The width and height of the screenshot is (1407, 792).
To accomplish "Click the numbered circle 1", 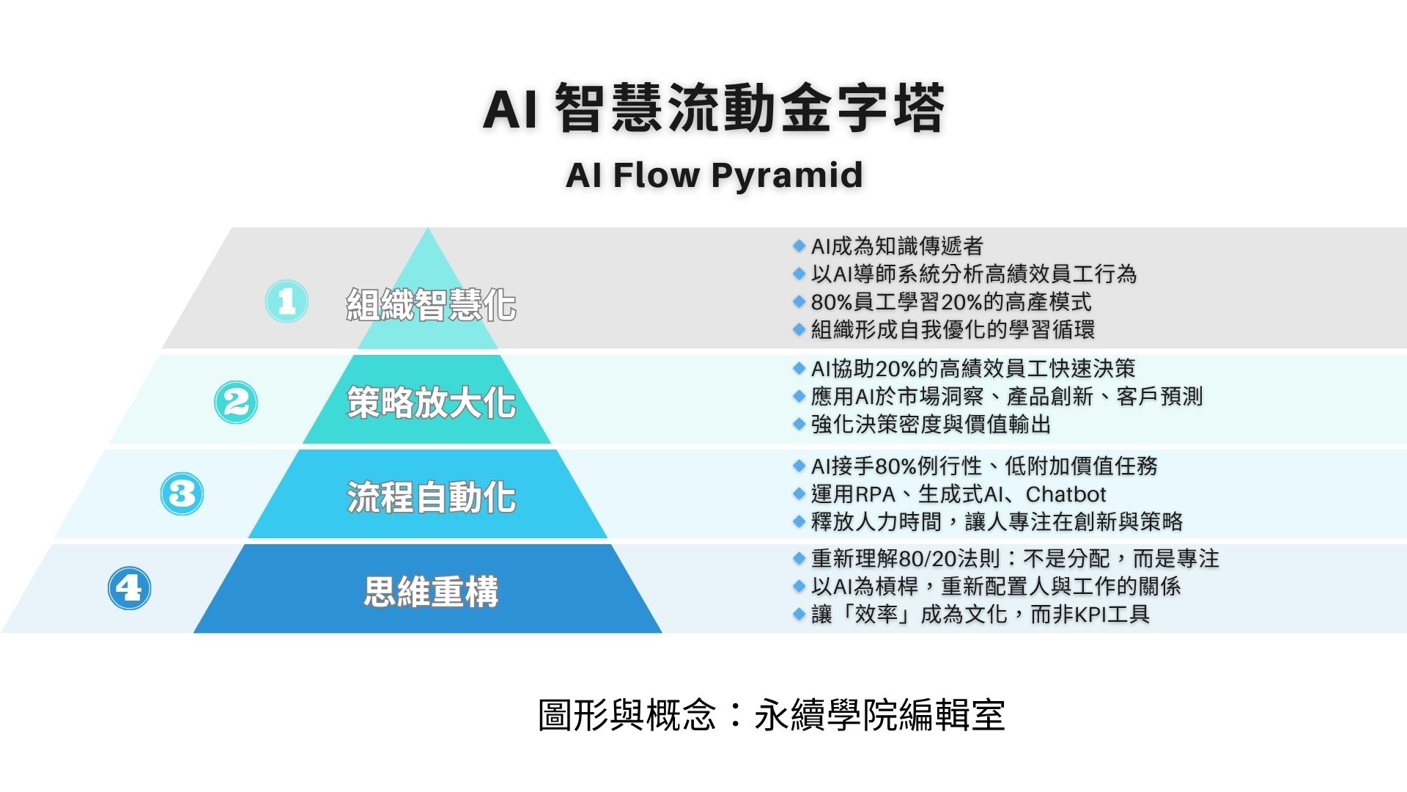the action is point(287,301).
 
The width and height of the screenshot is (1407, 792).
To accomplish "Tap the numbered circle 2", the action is point(236,402).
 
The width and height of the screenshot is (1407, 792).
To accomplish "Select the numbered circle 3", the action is point(182,494).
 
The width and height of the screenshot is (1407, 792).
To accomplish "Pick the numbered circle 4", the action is point(130,588).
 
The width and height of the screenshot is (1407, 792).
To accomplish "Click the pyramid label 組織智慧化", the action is point(431,305).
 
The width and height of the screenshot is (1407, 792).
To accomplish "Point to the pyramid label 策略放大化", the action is point(431,403).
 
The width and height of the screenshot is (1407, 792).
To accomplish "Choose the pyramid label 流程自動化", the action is point(431,497).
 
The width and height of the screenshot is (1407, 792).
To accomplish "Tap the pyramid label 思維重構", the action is point(431,591).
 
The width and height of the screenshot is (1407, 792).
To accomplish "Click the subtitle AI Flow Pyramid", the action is point(714,176).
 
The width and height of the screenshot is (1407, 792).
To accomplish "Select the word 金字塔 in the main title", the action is point(862,109).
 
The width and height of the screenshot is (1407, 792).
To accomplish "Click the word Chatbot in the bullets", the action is point(1066,494).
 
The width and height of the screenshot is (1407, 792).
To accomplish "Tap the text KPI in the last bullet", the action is point(1090,614).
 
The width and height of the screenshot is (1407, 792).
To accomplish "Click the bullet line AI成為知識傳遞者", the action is point(897,246).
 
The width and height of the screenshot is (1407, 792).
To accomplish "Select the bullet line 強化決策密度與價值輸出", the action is point(931,425).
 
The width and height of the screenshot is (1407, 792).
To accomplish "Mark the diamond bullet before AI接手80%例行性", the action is point(799,466).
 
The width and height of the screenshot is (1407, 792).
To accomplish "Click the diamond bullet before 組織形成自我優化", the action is point(799,329).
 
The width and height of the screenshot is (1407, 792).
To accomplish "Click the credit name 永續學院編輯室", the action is point(879,715).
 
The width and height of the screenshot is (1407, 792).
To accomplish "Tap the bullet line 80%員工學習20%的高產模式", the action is point(951,302).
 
